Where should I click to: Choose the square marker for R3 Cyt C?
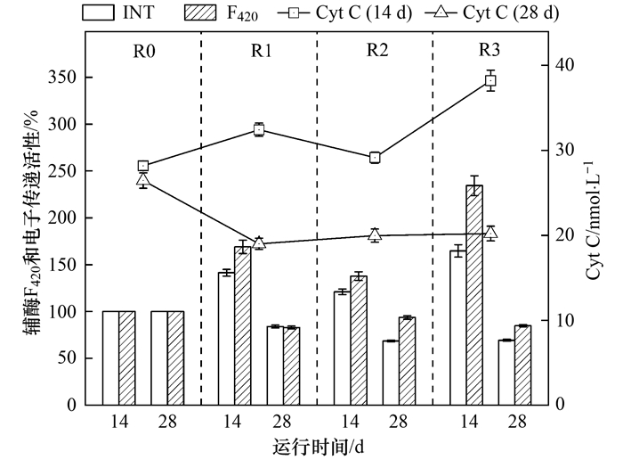pos(490,81)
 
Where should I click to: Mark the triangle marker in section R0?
pos(143,180)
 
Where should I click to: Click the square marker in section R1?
pos(259,129)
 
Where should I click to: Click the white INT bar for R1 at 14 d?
pos(226,339)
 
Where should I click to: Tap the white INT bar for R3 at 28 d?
pos(506,373)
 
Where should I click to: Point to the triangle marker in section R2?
pos(375,234)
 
